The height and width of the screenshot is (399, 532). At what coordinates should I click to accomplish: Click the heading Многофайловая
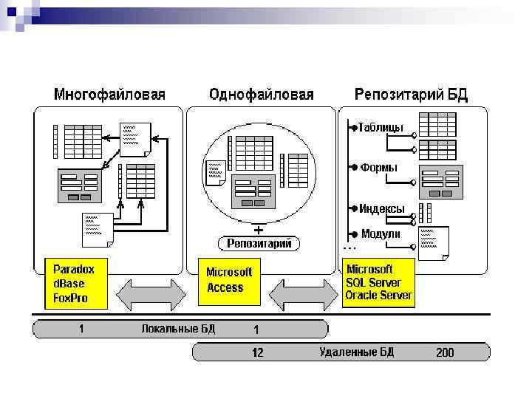[109, 95]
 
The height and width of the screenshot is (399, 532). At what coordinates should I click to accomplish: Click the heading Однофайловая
[262, 95]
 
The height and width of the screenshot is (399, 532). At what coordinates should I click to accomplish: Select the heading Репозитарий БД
[411, 95]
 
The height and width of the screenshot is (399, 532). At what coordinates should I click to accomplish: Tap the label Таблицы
[381, 128]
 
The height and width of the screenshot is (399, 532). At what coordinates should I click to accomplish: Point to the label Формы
[378, 168]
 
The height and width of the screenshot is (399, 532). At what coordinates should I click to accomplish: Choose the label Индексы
[382, 208]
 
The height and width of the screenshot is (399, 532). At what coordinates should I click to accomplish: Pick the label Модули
[381, 233]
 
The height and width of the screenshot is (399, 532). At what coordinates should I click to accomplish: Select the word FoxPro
[71, 299]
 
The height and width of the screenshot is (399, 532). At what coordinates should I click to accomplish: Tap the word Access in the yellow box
[225, 287]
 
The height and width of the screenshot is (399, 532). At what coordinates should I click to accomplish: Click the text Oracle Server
[379, 296]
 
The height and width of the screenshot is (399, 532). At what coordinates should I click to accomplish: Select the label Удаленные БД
[357, 352]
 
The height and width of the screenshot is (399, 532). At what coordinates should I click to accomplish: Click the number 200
[445, 352]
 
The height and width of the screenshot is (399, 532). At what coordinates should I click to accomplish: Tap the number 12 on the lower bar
[257, 352]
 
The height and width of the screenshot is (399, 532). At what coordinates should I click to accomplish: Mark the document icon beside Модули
[434, 242]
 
